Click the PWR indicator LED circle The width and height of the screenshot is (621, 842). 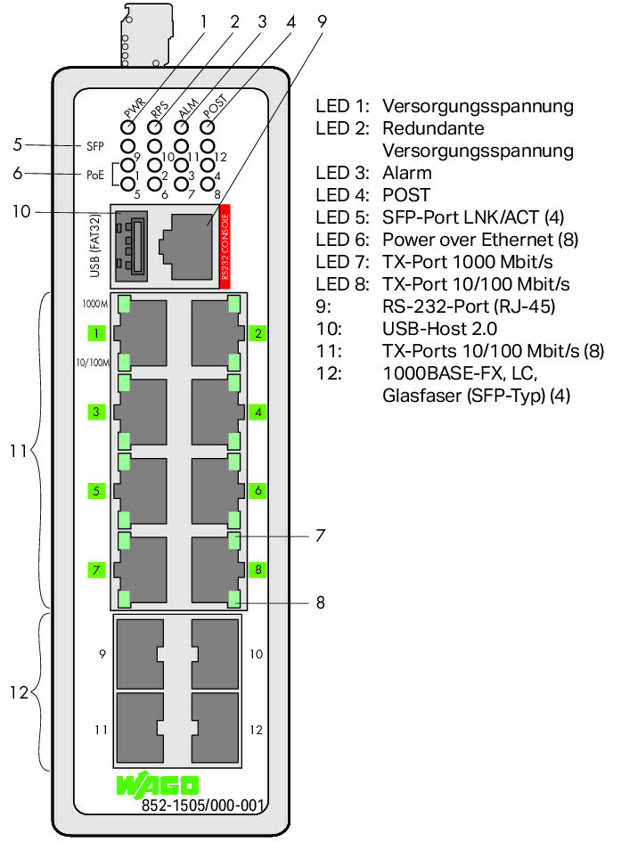click(x=127, y=127)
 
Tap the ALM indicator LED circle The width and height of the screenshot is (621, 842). click(x=181, y=127)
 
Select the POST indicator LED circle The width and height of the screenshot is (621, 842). click(x=208, y=127)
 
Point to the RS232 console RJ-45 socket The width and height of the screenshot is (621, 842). click(x=185, y=247)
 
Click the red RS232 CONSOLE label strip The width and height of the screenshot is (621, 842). click(x=225, y=247)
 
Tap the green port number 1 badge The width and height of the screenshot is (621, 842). click(x=96, y=333)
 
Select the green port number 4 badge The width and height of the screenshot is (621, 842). click(x=258, y=413)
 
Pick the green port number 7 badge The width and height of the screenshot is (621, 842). click(x=96, y=569)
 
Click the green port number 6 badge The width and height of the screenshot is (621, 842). click(x=258, y=491)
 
